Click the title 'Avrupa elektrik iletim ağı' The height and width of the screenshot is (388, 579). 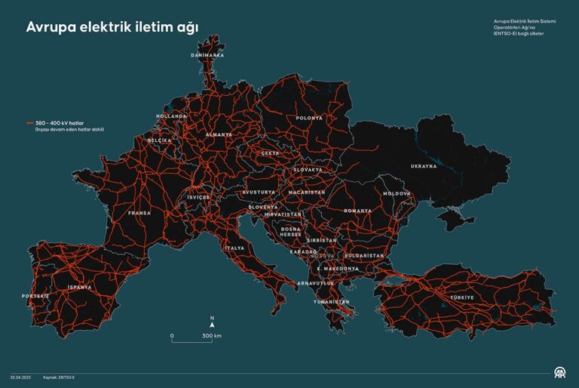tap(112, 27)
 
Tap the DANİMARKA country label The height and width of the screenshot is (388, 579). tap(207, 55)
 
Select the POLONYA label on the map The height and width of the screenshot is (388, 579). tap(309, 118)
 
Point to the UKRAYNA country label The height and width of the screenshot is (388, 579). tap(423, 166)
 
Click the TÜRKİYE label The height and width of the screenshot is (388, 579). tap(462, 297)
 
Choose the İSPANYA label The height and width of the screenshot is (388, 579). tap(79, 287)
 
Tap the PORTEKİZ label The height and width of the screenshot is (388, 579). tap(35, 296)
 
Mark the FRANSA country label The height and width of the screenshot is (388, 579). tap(139, 213)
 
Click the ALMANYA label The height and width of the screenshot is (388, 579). tap(219, 134)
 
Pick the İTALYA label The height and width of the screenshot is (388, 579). tap(234, 248)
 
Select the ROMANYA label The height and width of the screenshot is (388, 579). tap(357, 211)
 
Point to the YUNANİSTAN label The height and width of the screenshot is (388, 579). tap(332, 301)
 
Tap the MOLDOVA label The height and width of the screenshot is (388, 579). tap(397, 193)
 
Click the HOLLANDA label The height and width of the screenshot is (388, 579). tap(171, 116)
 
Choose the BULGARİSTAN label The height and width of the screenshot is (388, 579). tap(365, 256)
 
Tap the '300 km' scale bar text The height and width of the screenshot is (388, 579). tap(212, 335)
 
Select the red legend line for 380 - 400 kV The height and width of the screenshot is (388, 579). tap(30, 122)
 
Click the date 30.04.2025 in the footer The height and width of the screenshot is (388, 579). tap(20, 377)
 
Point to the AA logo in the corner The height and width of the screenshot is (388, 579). tap(559, 373)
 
